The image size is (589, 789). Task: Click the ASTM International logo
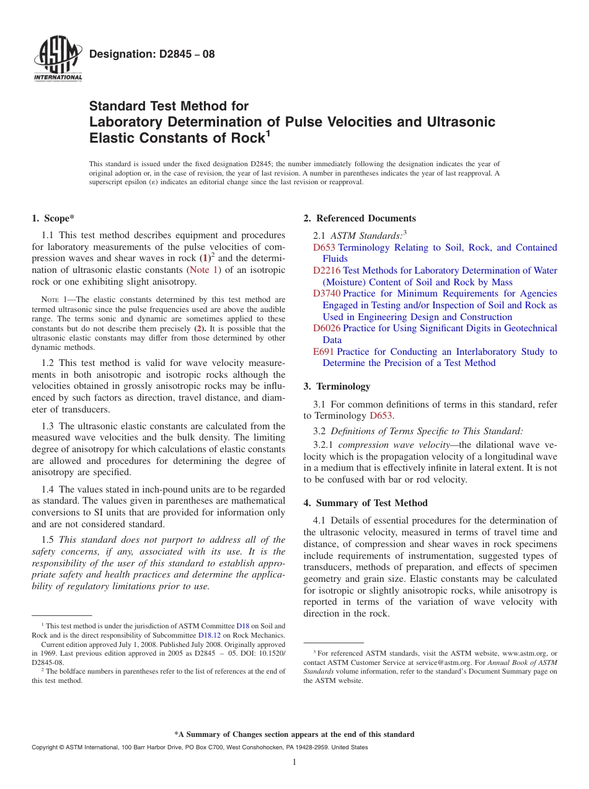pos(57,59)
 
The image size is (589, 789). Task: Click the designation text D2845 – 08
pos(152,54)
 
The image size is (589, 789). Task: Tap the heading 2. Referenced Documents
pos(360,218)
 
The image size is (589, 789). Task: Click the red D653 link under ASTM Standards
pos(324,247)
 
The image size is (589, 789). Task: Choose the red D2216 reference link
pos(327,270)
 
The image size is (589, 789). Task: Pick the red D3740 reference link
pos(327,293)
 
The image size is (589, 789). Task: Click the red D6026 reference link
pos(327,328)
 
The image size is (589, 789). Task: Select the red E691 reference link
pos(324,352)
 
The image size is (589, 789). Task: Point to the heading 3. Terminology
pos(337,386)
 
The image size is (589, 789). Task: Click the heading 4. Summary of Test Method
pos(365,503)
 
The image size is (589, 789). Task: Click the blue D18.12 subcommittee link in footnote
pos(208,635)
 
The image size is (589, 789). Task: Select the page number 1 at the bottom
pos(294,762)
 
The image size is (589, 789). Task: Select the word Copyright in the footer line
pos(47,747)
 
